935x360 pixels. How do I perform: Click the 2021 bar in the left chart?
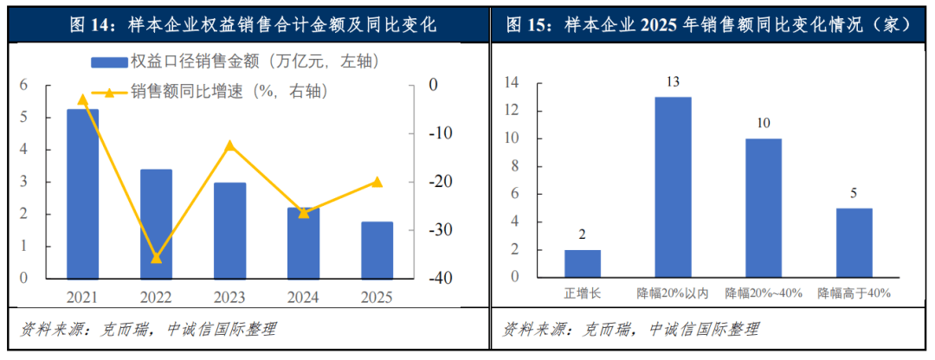(x=83, y=194)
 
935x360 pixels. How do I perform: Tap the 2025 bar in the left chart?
(x=377, y=250)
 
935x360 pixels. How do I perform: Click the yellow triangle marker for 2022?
(x=157, y=257)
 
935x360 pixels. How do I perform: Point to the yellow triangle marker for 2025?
(x=377, y=182)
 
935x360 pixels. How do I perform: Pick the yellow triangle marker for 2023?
(x=229, y=145)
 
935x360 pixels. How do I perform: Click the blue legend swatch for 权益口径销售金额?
(x=107, y=61)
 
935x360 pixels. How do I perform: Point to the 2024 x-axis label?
(x=303, y=297)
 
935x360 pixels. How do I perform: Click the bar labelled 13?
(x=673, y=187)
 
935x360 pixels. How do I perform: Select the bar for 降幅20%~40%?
(x=764, y=208)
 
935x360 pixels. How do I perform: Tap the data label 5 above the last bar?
(x=854, y=194)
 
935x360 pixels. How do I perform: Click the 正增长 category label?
(x=582, y=293)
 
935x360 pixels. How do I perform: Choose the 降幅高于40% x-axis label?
(x=854, y=293)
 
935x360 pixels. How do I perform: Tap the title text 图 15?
(x=529, y=25)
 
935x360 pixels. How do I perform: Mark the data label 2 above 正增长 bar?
(x=582, y=235)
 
